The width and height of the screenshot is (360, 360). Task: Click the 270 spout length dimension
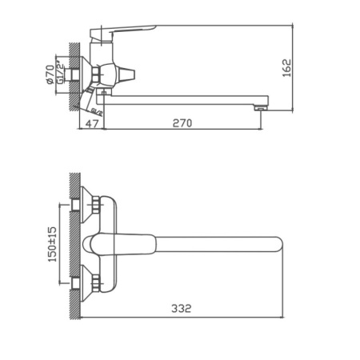182,123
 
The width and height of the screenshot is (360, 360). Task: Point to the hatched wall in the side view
75,80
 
